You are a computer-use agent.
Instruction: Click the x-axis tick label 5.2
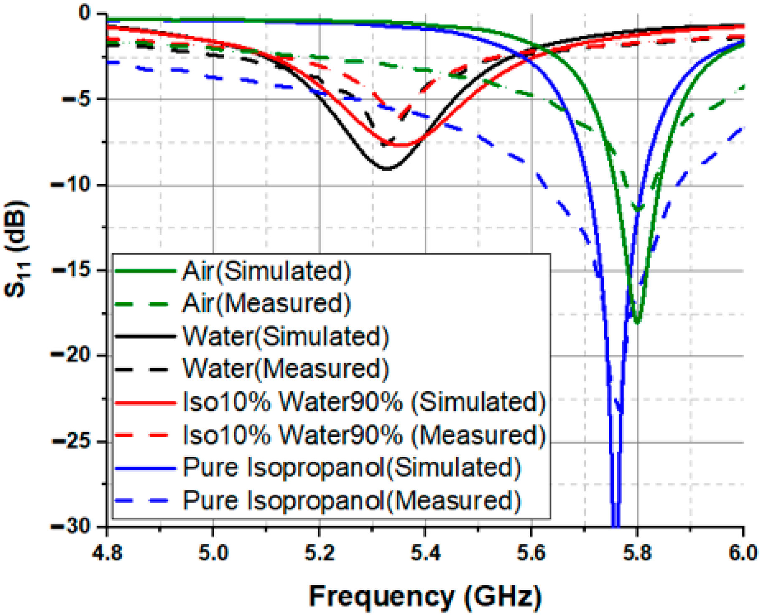[319, 553]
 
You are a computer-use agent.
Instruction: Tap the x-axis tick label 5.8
[637, 553]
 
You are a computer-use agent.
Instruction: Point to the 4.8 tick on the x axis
[107, 553]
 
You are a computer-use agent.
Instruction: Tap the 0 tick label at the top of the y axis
[85, 13]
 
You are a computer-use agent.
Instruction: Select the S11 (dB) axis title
[17, 250]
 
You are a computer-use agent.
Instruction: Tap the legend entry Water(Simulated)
[286, 336]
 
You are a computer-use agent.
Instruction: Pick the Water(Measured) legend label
[286, 369]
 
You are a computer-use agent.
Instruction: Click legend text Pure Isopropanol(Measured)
[352, 500]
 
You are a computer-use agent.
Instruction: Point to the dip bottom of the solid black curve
[387, 169]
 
